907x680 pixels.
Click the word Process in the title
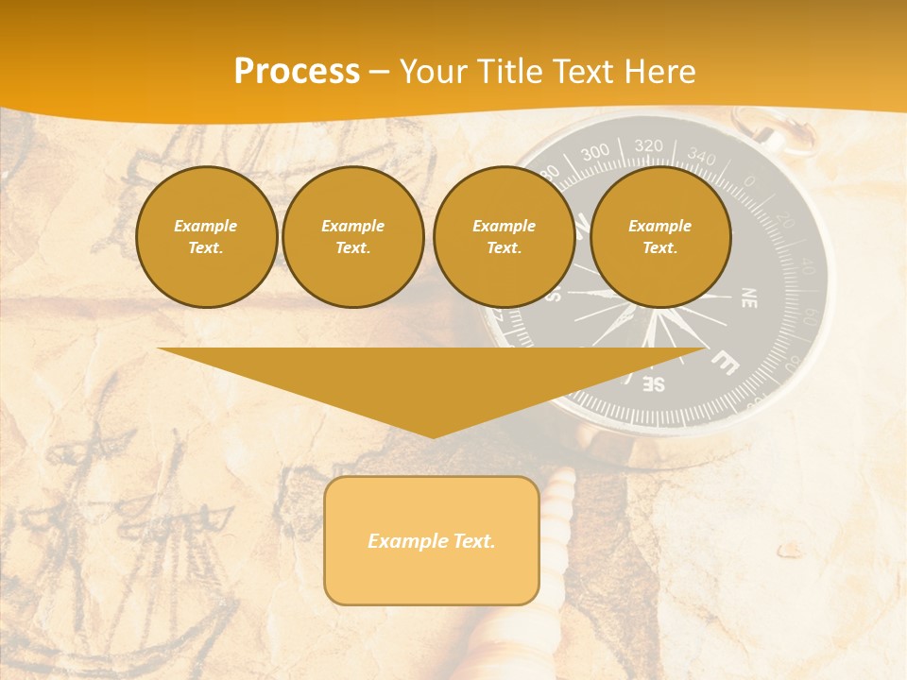click(297, 72)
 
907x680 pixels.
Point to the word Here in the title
click(662, 72)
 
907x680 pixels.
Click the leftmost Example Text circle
click(206, 237)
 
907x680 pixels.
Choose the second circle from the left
click(352, 237)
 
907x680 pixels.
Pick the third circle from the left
click(504, 237)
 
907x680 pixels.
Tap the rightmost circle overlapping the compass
click(660, 237)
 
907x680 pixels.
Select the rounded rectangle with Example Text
click(432, 540)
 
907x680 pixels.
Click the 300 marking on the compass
click(595, 152)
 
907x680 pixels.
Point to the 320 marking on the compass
click(648, 145)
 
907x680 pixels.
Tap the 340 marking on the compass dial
click(701, 155)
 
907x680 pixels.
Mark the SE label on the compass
click(654, 383)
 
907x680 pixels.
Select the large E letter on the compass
click(725, 362)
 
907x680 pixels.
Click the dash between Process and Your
click(379, 72)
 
